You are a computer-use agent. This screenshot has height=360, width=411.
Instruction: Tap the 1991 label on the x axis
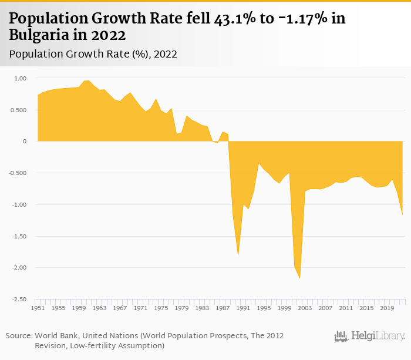[x=243, y=308]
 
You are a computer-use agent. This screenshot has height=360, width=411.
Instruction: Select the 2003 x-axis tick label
[x=305, y=308]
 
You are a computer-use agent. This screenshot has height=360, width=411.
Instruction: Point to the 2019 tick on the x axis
[x=387, y=308]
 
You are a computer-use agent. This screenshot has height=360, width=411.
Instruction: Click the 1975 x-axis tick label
[x=161, y=308]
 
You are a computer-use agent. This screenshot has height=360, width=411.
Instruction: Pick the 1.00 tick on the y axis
[x=21, y=78]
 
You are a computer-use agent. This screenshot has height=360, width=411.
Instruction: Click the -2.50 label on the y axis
[x=19, y=300]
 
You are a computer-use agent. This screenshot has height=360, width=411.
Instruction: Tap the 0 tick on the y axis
[x=25, y=142]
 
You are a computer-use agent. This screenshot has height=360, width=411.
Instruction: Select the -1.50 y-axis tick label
[x=19, y=236]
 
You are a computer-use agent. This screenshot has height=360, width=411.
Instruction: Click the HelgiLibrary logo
[x=370, y=337]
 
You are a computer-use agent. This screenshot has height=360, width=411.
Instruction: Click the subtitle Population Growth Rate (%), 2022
[x=93, y=54]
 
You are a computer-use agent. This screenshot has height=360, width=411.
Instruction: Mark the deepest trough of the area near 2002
[x=300, y=278]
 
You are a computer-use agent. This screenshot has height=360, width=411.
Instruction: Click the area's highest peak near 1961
[x=87, y=80]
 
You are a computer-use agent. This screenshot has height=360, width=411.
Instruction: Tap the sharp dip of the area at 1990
[x=238, y=254]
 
